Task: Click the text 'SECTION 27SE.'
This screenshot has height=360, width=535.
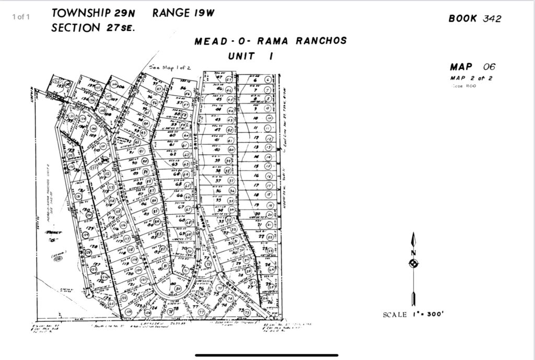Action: (93, 28)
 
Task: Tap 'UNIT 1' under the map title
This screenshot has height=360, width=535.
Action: (250, 55)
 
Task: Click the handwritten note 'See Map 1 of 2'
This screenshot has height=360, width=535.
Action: (166, 67)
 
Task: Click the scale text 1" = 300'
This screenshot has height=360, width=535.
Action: (428, 314)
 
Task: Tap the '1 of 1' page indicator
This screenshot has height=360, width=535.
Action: (21, 17)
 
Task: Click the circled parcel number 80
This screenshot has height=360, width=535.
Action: (178, 288)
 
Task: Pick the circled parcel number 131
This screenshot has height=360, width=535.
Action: (79, 196)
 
